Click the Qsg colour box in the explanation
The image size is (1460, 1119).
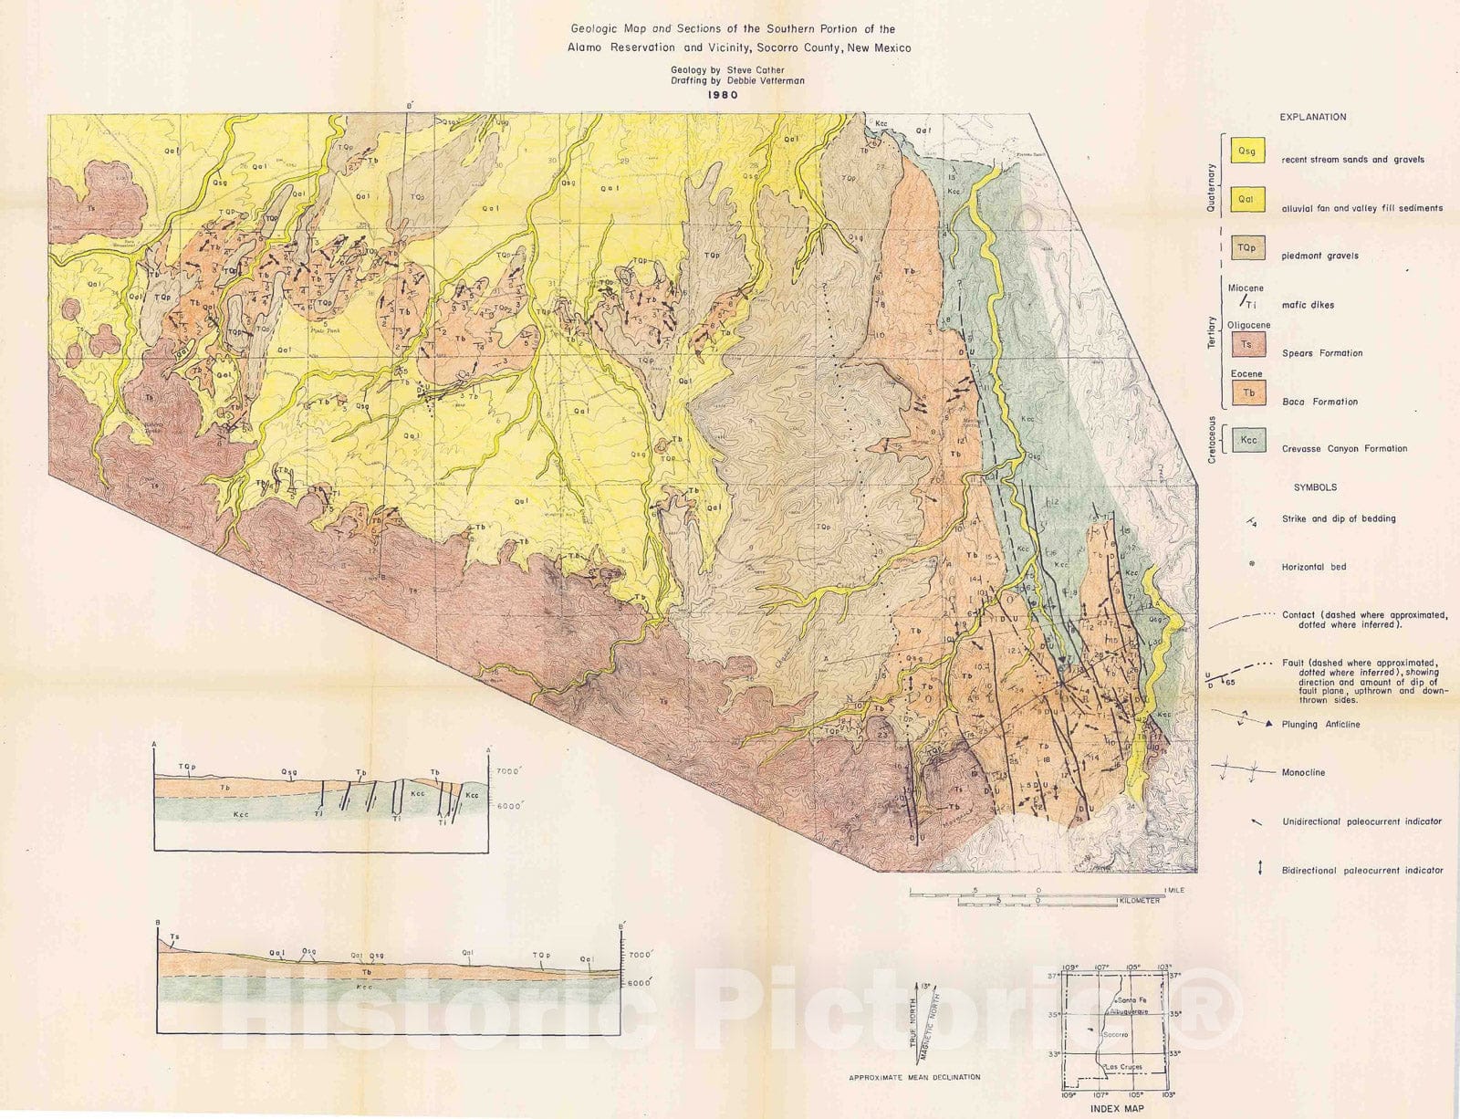[x=1247, y=151]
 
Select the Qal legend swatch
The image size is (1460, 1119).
[x=1247, y=199]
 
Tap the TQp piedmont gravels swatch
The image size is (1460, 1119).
[x=1247, y=247]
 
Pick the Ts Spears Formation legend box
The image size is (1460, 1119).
[x=1247, y=345]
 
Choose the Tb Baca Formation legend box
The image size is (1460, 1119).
[x=1247, y=392]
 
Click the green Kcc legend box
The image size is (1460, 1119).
[x=1247, y=440]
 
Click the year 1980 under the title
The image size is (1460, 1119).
[x=726, y=94]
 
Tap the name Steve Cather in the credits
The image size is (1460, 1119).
[x=756, y=70]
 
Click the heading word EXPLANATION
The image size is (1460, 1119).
[x=1312, y=117]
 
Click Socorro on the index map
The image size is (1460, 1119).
[x=1115, y=1035]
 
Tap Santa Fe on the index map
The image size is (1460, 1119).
[x=1122, y=1001]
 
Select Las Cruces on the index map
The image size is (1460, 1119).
[x=1121, y=1067]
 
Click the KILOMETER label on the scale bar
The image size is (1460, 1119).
[x=1139, y=901]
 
